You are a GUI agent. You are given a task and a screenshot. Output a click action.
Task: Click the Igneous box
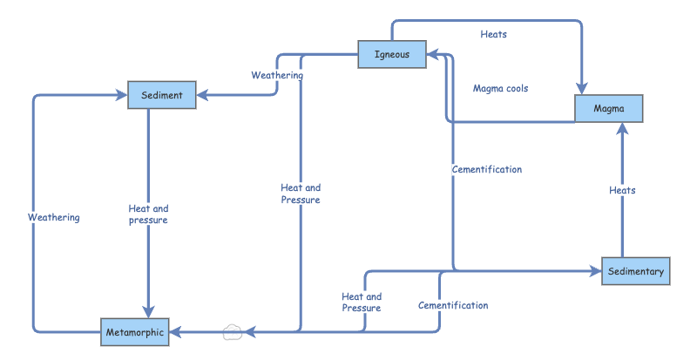click(x=391, y=54)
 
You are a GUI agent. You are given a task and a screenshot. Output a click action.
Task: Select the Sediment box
click(x=161, y=95)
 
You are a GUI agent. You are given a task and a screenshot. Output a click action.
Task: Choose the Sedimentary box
click(x=635, y=271)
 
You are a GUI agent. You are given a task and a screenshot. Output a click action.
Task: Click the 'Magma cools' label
click(x=500, y=88)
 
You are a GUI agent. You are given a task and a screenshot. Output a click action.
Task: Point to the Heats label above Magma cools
click(x=493, y=35)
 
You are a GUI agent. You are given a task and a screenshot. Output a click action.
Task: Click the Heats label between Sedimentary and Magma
click(x=622, y=190)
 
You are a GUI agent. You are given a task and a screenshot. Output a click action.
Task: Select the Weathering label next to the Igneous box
click(x=277, y=76)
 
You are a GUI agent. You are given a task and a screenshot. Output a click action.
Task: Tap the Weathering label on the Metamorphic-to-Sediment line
click(x=53, y=217)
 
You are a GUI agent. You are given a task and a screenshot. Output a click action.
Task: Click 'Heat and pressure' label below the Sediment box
click(x=148, y=214)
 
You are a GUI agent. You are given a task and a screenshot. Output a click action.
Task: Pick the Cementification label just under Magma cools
click(x=487, y=169)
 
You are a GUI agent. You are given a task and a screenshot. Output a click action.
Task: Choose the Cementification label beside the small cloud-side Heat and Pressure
click(x=452, y=306)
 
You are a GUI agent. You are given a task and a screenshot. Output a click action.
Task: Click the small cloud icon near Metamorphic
click(x=232, y=331)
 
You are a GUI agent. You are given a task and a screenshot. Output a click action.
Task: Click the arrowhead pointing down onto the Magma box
click(x=581, y=87)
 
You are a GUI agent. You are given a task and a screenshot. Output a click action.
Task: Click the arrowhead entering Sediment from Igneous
click(x=202, y=95)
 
